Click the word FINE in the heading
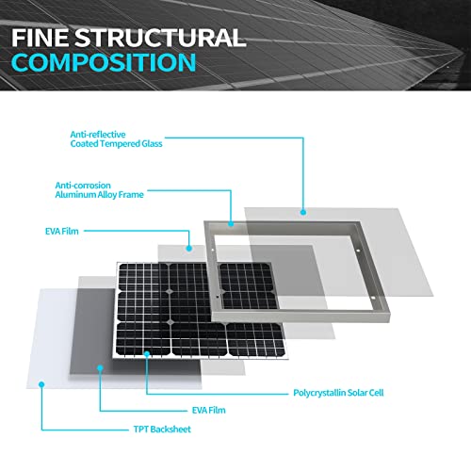[41, 38]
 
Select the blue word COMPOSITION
[104, 62]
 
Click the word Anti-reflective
[98, 135]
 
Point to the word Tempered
[120, 144]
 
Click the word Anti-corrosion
[83, 186]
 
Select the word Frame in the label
[131, 195]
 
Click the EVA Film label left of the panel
[62, 232]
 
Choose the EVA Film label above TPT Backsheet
[209, 411]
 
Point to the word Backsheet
[171, 430]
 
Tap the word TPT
[141, 430]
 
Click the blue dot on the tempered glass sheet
[303, 212]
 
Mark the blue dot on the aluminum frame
[231, 224]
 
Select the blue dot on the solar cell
[147, 354]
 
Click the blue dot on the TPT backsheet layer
[41, 384]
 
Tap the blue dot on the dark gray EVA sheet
[100, 367]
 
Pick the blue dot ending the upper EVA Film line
[188, 249]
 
